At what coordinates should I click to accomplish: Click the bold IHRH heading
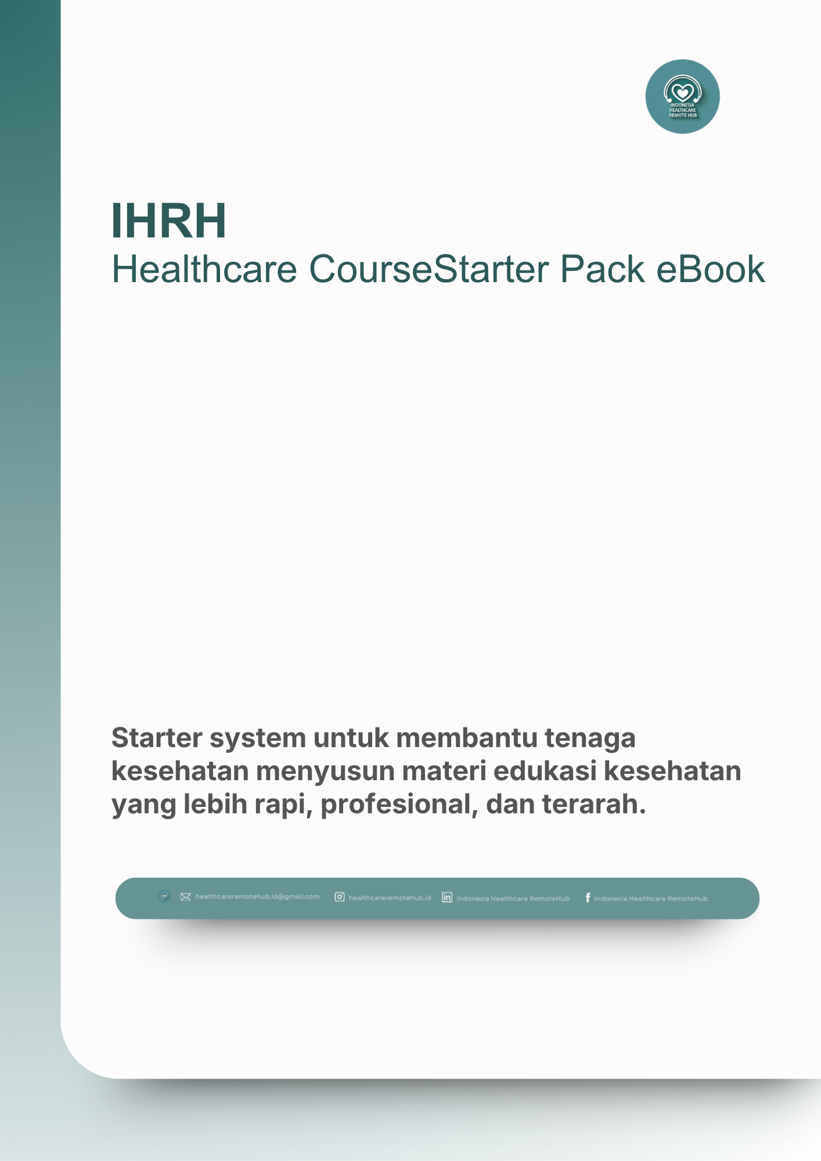(x=168, y=221)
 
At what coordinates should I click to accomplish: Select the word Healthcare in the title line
(x=204, y=269)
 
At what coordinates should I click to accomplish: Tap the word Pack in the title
(x=602, y=269)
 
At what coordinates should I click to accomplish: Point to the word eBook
(x=710, y=269)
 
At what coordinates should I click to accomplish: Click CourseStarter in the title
(x=428, y=269)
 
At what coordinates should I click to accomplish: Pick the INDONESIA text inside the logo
(x=682, y=105)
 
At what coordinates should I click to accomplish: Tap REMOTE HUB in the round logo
(x=683, y=115)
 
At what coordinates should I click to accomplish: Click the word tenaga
(x=590, y=738)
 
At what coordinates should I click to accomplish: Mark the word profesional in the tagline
(x=399, y=805)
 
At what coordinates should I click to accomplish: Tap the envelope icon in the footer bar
(x=185, y=897)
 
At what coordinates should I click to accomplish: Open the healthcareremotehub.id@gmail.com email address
(x=257, y=897)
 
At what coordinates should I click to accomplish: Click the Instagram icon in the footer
(x=340, y=897)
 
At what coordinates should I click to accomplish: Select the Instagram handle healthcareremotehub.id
(x=390, y=898)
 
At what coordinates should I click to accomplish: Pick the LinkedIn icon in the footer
(x=447, y=897)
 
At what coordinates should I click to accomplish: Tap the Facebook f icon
(x=588, y=898)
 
